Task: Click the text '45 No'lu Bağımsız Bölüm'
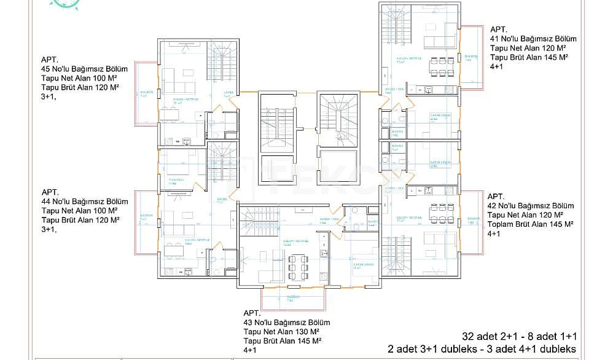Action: tap(84, 69)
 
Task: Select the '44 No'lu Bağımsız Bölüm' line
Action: tap(84, 201)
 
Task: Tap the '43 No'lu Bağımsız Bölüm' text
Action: tap(287, 323)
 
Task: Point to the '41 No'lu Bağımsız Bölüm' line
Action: tap(533, 38)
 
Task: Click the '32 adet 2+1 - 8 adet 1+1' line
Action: tap(518, 337)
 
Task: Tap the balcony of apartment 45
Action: tap(146, 93)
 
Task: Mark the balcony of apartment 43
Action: tap(293, 299)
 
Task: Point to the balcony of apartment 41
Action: tap(470, 56)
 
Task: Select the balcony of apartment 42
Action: tap(470, 221)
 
